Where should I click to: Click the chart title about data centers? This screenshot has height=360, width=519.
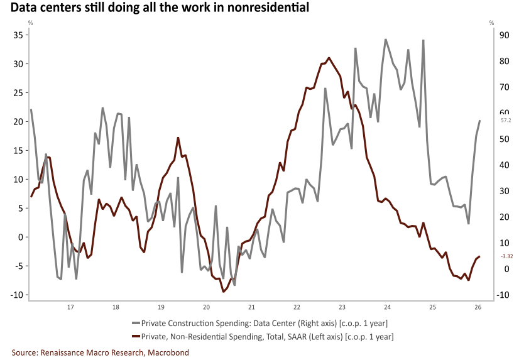160,8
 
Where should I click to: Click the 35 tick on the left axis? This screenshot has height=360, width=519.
18,35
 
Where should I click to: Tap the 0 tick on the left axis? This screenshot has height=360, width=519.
21,237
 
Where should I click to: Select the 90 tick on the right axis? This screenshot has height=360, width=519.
504,35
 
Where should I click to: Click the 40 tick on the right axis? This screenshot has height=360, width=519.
504,165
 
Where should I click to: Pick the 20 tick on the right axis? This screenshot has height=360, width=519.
504,217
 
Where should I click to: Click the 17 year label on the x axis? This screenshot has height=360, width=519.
70,307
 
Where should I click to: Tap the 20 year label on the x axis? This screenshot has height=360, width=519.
206,307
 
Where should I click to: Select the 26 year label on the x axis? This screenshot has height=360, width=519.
478,307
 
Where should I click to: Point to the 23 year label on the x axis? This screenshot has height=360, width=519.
342,307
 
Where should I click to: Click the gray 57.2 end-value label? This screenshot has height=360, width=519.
506,121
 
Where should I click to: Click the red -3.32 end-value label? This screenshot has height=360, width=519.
507,256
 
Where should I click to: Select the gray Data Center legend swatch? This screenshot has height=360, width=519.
136,324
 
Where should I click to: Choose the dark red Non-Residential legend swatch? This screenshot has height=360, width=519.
136,337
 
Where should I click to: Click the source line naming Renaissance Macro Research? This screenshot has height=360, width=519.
101,352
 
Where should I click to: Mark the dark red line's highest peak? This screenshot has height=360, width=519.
329,58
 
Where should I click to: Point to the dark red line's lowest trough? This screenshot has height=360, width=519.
224,292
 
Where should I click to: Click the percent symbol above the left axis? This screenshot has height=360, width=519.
30,23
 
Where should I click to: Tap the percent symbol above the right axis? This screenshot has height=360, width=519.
491,23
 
